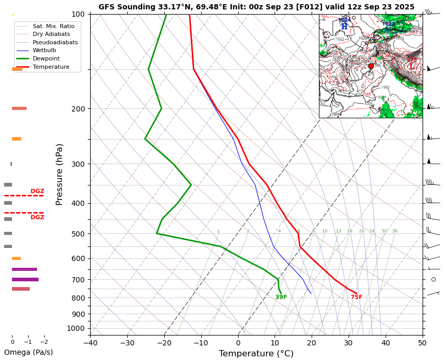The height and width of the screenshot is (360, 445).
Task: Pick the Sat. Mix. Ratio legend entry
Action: (x=57, y=26)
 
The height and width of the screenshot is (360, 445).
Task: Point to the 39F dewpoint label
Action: (x=281, y=297)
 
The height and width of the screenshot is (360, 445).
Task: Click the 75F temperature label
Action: (x=356, y=297)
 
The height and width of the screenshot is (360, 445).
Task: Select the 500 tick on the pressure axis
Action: (x=78, y=234)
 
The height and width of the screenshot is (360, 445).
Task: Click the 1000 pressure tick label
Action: (x=76, y=328)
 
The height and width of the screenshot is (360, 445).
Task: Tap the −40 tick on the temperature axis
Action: (x=90, y=343)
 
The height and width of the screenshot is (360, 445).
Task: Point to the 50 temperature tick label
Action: (x=422, y=343)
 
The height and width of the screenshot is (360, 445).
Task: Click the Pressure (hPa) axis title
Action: (x=59, y=174)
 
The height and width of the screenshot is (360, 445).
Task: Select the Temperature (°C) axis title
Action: (x=256, y=354)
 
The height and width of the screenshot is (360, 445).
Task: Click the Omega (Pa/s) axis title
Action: (x=29, y=353)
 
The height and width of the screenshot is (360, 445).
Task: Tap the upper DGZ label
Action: (x=37, y=191)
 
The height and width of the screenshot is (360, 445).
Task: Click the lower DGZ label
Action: (x=37, y=217)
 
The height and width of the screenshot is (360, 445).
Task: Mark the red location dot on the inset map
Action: (x=371, y=66)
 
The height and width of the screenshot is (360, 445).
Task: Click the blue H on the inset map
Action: (x=344, y=26)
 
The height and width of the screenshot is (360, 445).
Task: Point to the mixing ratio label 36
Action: (x=394, y=231)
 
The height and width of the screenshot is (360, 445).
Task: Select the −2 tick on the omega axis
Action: (x=44, y=342)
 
